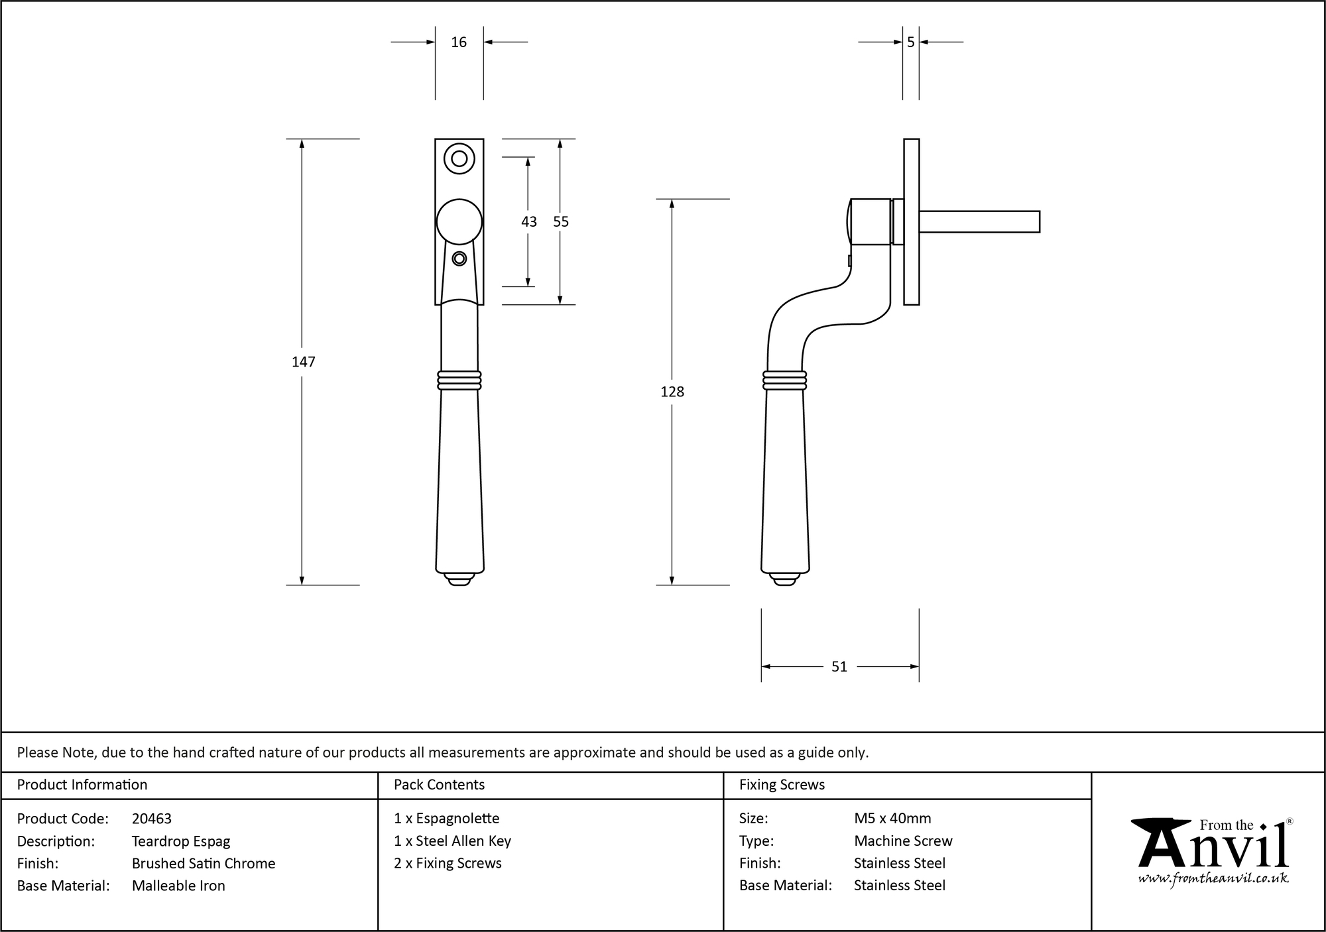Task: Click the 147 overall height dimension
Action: click(303, 362)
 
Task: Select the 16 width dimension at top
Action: click(459, 42)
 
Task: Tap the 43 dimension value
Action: click(528, 222)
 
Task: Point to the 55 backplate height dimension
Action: click(561, 222)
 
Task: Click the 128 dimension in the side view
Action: click(672, 392)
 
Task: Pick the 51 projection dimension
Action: click(839, 667)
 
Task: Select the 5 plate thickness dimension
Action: click(910, 42)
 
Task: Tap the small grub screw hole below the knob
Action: click(459, 259)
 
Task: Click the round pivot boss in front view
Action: click(459, 222)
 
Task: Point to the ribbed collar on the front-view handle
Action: click(459, 380)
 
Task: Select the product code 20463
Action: click(152, 819)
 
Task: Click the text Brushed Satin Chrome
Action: click(204, 863)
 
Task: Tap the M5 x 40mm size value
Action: click(892, 819)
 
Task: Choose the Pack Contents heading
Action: click(439, 785)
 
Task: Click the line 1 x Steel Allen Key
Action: click(452, 841)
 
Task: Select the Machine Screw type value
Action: click(903, 841)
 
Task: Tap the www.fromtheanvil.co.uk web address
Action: click(1213, 878)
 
